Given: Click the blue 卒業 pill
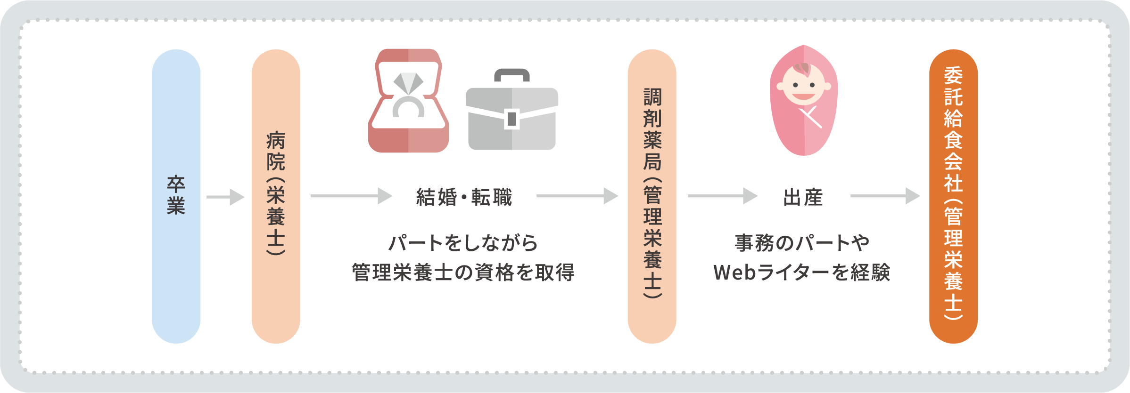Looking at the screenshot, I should (176, 196).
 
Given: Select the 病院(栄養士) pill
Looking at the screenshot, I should (276, 196).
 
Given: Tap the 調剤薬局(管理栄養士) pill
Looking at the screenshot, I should (652, 196).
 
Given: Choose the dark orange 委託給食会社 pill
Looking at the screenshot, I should (953, 196).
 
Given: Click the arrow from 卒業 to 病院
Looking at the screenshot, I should (225, 197).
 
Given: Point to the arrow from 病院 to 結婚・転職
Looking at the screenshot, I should (351, 196).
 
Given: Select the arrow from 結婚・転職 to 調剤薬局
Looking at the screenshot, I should (577, 196).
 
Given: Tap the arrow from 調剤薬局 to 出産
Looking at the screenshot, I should (722, 196).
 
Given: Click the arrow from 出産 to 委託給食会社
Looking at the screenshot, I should (885, 196).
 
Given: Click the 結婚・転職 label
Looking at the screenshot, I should (464, 197).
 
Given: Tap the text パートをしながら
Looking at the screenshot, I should (463, 243).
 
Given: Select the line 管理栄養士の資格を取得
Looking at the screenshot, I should (463, 273).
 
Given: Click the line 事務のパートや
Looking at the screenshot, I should (802, 243).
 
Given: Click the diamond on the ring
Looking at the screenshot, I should (408, 83).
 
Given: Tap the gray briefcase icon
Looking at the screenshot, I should (511, 118).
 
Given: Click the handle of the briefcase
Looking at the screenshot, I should (511, 74).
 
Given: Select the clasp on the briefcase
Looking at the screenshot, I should (511, 119).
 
